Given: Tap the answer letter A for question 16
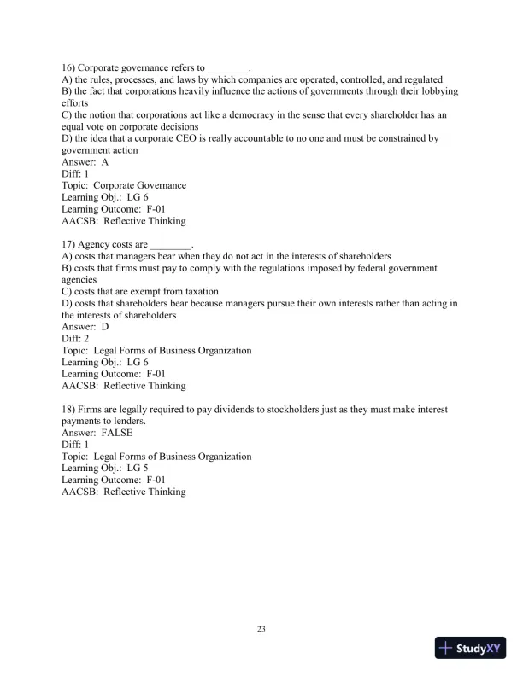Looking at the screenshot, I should pyautogui.click(x=105, y=161).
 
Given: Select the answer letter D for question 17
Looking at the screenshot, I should pyautogui.click(x=105, y=327).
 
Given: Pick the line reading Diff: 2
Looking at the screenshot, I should pyautogui.click(x=78, y=339).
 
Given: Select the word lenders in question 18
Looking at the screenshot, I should pyautogui.click(x=125, y=422).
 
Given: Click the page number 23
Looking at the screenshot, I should pyautogui.click(x=261, y=630).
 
